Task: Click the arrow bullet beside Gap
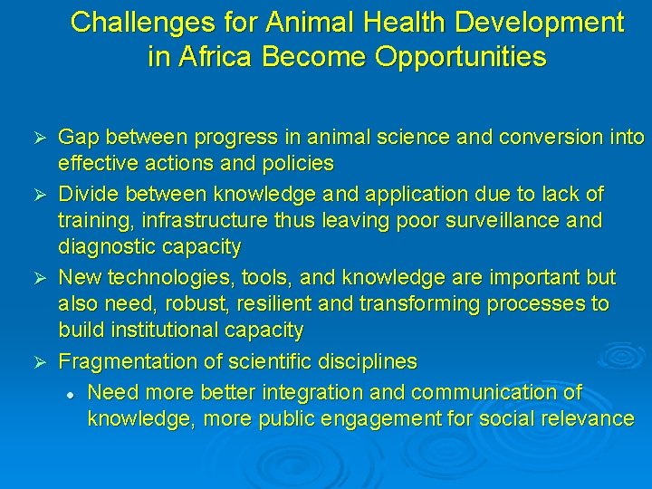pos(39,138)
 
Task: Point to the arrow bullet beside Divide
pos(39,194)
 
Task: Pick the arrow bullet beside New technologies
pos(39,277)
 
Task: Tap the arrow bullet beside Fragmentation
pos(39,361)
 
